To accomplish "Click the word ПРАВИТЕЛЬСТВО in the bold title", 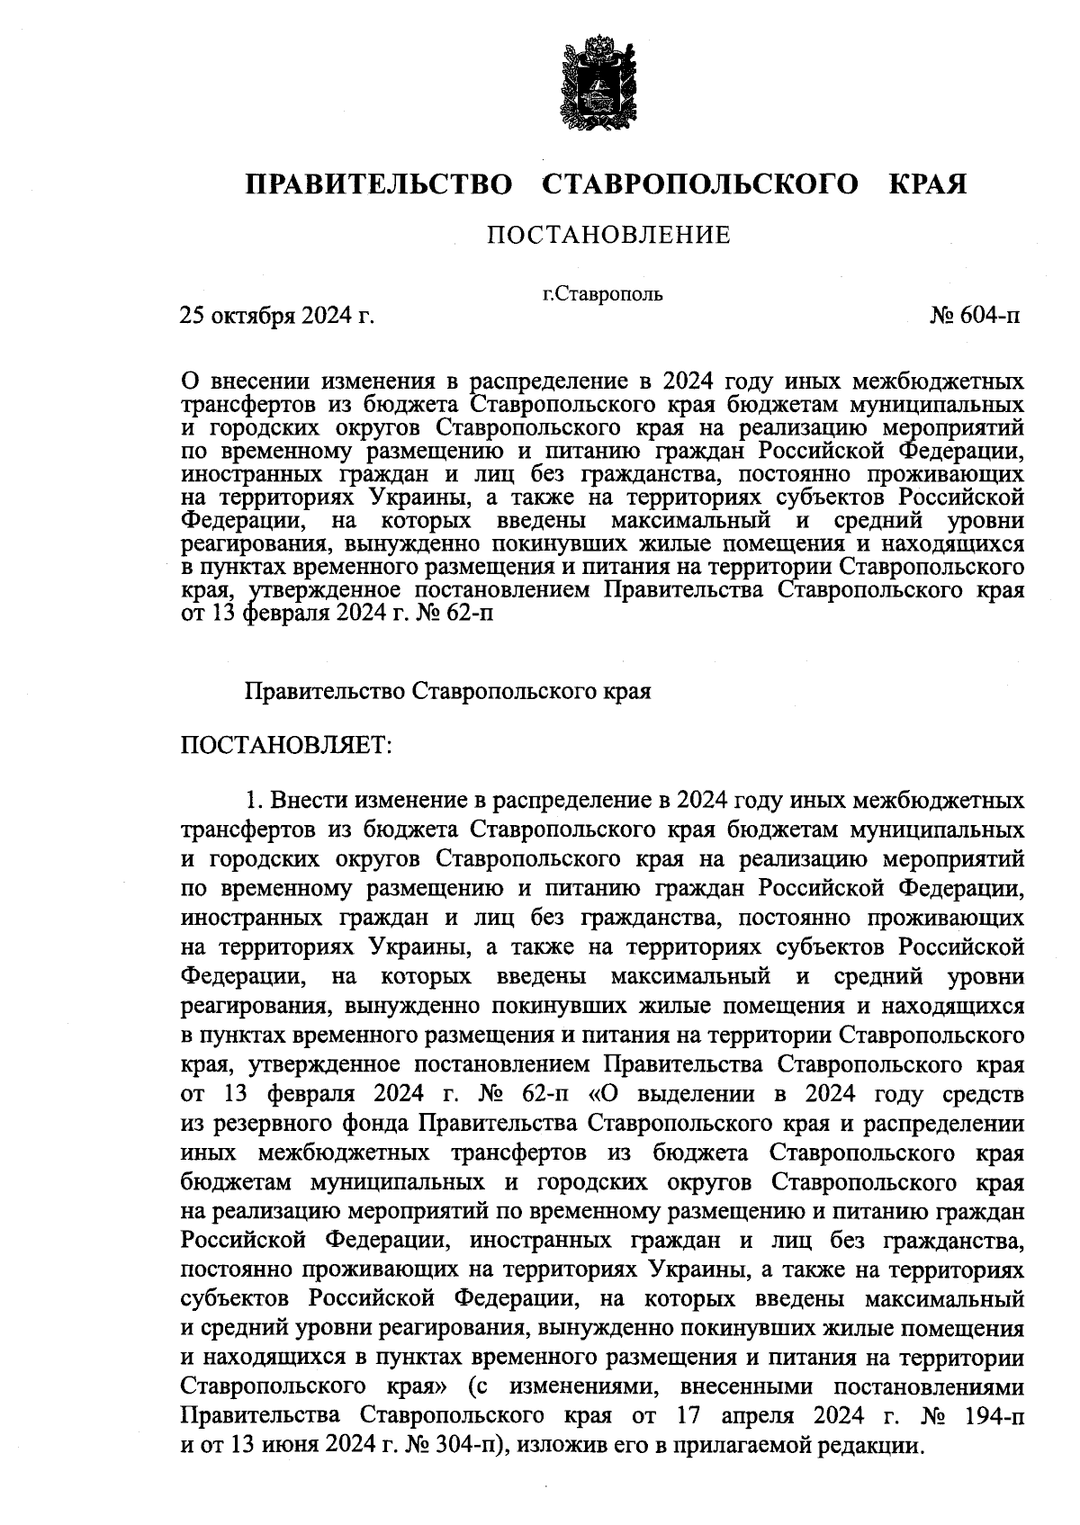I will [379, 184].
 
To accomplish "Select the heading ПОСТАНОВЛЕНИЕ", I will [608, 237].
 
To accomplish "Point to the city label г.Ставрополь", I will [603, 293].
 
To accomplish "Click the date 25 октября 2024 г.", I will [277, 316].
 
